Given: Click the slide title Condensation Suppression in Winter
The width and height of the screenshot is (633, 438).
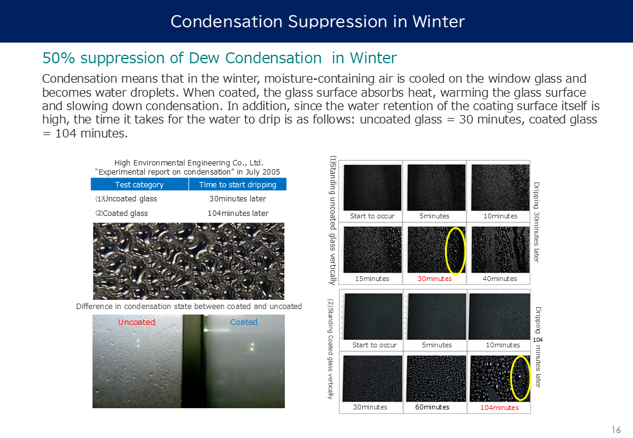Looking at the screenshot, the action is coord(317,21).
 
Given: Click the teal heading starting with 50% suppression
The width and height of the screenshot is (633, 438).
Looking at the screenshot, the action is coord(220,58).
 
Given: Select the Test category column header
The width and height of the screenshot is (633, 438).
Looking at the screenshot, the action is coord(139,184).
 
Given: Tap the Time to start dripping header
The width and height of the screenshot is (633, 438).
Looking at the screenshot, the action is coord(238,184).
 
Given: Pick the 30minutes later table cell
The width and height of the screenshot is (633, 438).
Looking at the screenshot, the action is coord(238,198).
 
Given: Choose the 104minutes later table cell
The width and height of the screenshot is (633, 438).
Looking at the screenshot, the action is coord(238,213).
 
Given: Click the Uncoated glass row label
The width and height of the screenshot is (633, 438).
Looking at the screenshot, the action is coord(127,198).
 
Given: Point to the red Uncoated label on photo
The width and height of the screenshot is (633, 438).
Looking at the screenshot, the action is coord(136,322).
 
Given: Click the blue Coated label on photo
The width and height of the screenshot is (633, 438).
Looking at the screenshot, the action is coord(243,322).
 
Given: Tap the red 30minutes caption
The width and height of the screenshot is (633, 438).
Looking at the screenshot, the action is coord(435,278).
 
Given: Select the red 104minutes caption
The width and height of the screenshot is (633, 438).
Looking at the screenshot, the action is coord(499,408).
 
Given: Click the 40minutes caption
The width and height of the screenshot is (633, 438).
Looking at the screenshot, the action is coord(500,278).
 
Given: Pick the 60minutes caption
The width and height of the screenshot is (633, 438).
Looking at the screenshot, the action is coord(432,407).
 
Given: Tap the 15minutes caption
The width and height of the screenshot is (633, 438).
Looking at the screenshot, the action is coord(372,278).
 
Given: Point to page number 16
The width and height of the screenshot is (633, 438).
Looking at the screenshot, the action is coord(616,430).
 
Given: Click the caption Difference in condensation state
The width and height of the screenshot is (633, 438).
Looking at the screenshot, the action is coord(189,306).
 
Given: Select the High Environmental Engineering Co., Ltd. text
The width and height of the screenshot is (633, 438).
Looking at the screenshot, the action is coord(189,162).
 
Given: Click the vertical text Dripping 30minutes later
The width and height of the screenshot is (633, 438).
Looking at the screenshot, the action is coord(536,222).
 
